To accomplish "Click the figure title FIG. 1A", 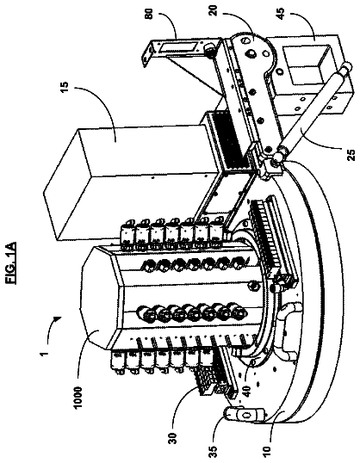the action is [11, 262].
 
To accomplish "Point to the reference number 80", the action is [150, 14].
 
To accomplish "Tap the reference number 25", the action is [351, 154].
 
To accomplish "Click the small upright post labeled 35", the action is [243, 415].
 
